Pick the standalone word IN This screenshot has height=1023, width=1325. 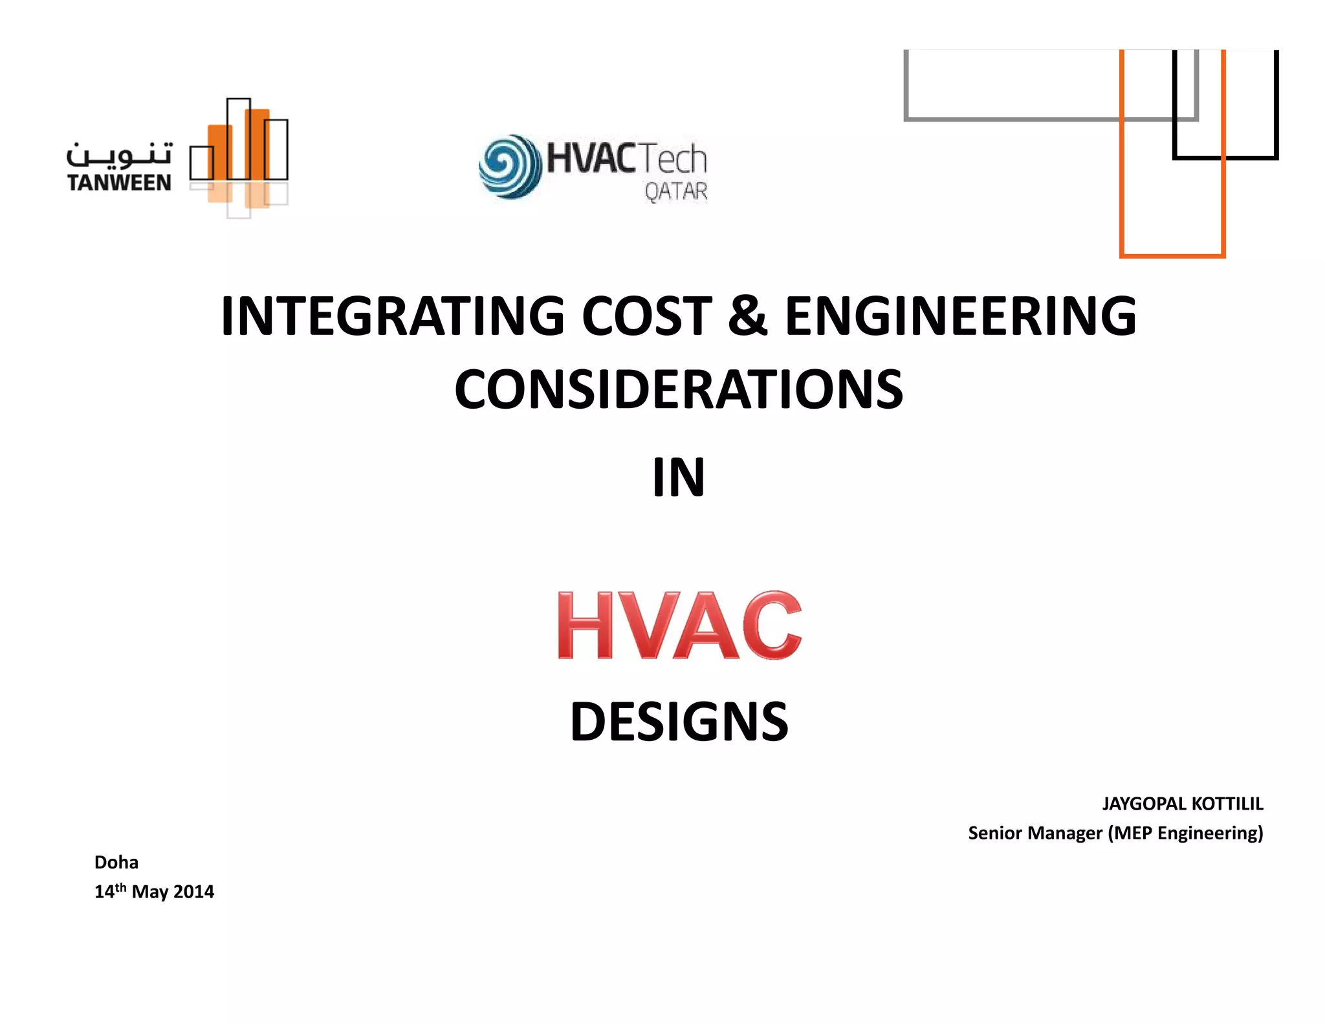pyautogui.click(x=678, y=478)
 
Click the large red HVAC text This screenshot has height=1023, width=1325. pyautogui.click(x=679, y=625)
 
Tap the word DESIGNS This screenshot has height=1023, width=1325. pyautogui.click(x=679, y=722)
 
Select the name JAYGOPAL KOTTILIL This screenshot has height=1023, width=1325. pyautogui.click(x=1182, y=804)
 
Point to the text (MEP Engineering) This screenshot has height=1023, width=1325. pyautogui.click(x=1185, y=833)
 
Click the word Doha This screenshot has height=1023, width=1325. pyautogui.click(x=116, y=862)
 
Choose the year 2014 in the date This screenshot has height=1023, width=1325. pyautogui.click(x=193, y=892)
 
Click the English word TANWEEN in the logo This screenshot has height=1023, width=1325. pyautogui.click(x=119, y=183)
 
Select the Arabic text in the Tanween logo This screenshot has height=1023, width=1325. pyautogui.click(x=120, y=155)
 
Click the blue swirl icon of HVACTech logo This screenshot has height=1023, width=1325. pyautogui.click(x=510, y=166)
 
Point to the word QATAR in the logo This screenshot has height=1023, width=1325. pyautogui.click(x=675, y=191)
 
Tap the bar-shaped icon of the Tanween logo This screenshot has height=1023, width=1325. pyautogui.click(x=239, y=155)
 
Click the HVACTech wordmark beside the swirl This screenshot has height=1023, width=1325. pyautogui.click(x=626, y=158)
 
